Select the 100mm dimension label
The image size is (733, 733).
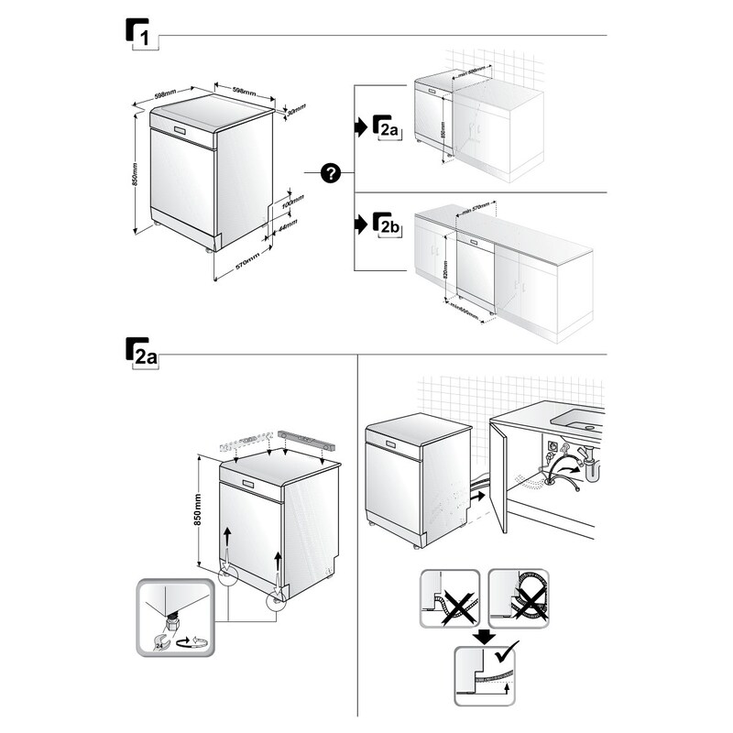pos(293,199)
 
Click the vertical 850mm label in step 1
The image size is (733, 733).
pos(135,174)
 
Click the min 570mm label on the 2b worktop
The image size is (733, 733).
pos(477,209)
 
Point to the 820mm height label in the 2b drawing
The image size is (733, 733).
pos(446,269)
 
